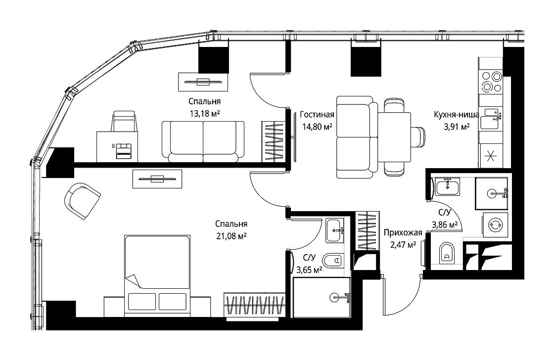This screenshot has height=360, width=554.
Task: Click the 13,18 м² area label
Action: click(205, 113)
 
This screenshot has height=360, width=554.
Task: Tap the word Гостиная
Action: click(317, 114)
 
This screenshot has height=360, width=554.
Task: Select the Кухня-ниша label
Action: click(457, 114)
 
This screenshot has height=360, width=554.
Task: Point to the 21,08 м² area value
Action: click(231, 236)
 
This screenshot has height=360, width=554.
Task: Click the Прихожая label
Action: click(403, 232)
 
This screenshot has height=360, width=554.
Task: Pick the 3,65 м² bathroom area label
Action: click(309, 270)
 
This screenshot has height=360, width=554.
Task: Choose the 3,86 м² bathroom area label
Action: click(445, 225)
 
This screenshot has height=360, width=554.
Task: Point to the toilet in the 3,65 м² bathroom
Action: click(333, 261)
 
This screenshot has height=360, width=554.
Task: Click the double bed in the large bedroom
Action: click(157, 275)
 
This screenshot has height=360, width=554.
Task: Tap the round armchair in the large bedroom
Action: click(82, 201)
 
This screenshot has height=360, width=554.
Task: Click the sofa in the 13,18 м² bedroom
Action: click(203, 141)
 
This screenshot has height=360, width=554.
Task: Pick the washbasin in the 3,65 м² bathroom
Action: click(334, 231)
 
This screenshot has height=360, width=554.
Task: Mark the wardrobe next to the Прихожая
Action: click(368, 231)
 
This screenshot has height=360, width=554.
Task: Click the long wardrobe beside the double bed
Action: click(254, 304)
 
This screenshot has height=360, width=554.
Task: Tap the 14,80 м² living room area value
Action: click(317, 127)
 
